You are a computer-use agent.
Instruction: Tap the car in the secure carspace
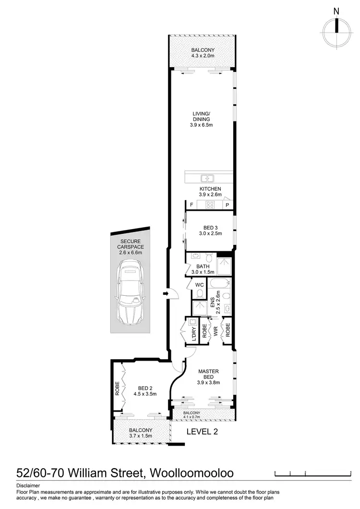click(x=129, y=293)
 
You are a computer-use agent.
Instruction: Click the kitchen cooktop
click(x=210, y=205)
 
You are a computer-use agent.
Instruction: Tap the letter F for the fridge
click(x=191, y=205)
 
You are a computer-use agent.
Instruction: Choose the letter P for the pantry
click(x=227, y=205)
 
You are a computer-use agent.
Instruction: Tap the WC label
click(x=199, y=284)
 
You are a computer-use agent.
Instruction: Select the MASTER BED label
click(x=208, y=374)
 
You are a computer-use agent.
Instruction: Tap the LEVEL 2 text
click(x=202, y=431)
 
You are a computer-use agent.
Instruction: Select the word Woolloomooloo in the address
click(x=192, y=473)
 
